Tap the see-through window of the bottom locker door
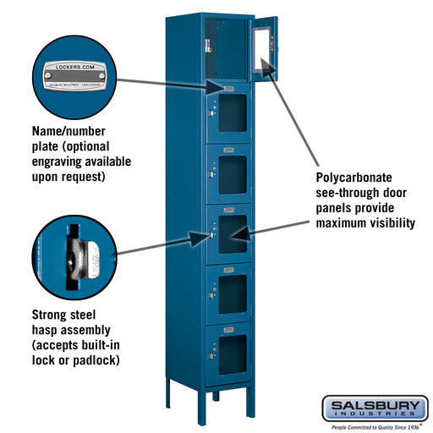[x=232, y=349]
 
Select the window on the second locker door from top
[x=232, y=113]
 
